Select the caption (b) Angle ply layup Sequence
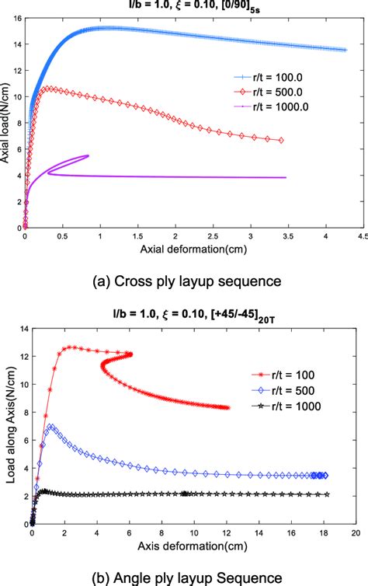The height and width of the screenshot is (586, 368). (x=184, y=577)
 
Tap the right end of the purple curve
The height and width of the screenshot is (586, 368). (x=286, y=177)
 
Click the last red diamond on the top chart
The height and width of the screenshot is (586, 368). (x=280, y=141)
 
